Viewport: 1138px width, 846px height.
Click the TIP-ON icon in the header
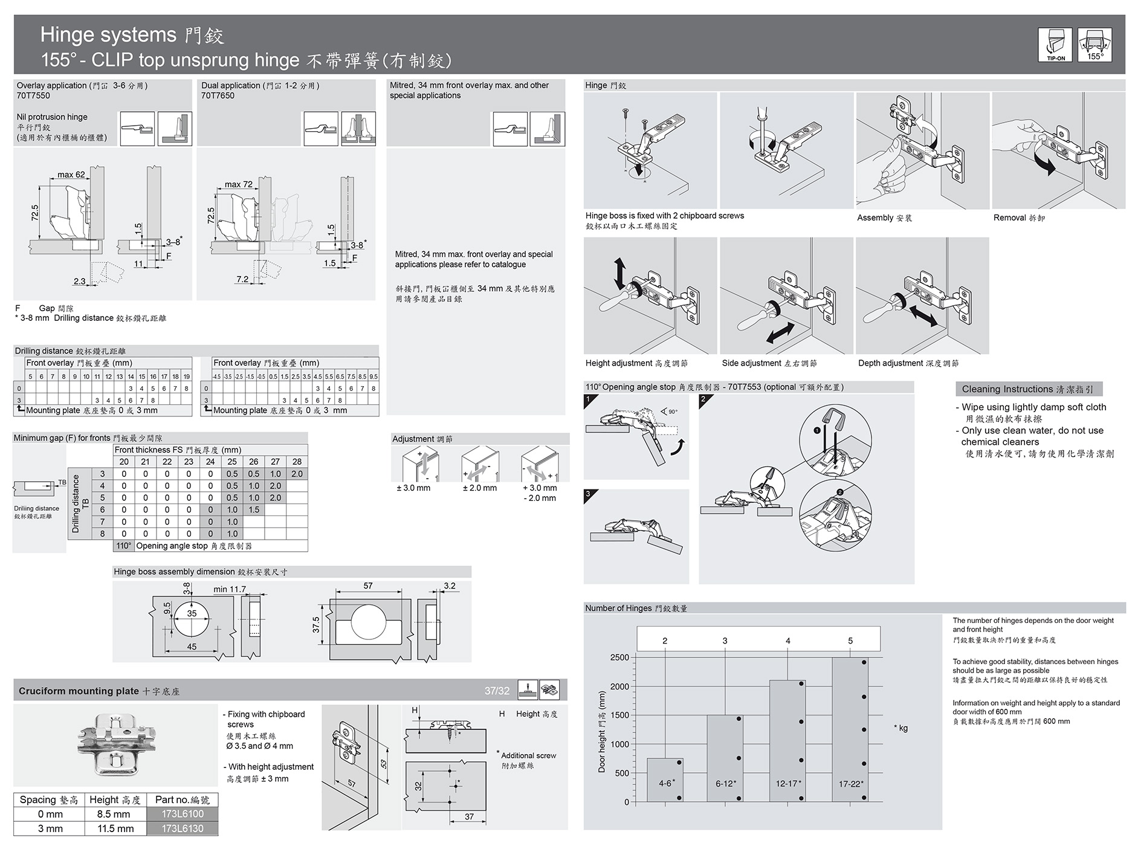point(1055,44)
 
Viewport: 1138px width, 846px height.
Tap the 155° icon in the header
point(1094,44)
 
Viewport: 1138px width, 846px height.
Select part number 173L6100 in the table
point(182,814)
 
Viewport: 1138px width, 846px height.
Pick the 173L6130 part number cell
point(182,828)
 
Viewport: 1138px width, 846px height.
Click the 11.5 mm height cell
point(115,828)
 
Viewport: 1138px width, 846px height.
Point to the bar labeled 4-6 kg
point(665,780)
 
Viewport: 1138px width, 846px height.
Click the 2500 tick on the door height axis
point(619,657)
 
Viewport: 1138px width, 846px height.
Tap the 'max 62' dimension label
point(71,175)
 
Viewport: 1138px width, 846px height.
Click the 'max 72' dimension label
point(238,184)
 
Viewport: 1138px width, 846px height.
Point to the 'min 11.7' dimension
point(230,589)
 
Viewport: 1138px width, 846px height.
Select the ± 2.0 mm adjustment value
point(479,488)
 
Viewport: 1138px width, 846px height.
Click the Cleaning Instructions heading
point(1027,389)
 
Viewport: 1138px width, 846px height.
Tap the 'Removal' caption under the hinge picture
point(1018,218)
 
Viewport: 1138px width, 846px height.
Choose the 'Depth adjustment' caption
point(908,363)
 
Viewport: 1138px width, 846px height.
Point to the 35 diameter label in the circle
point(192,613)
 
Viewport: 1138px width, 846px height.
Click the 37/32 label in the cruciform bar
point(497,691)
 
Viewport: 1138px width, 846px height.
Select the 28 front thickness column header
point(297,462)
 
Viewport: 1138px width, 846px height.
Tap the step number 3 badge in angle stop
point(588,494)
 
